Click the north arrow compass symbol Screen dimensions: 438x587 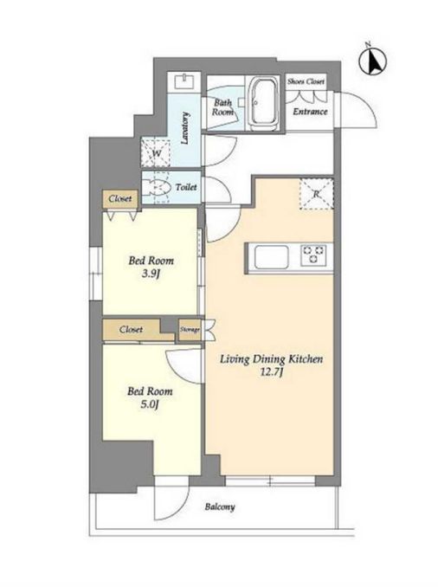click(373, 61)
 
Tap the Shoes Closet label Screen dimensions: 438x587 click(306, 81)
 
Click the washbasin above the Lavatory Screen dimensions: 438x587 click(185, 81)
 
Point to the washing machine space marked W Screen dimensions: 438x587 click(156, 152)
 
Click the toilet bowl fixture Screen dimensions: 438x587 click(158, 186)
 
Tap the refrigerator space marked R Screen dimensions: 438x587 click(316, 194)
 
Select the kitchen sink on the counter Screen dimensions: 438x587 click(272, 257)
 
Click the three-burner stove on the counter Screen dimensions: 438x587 click(313, 255)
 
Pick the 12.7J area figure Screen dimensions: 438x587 click(272, 372)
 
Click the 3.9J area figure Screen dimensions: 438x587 click(151, 274)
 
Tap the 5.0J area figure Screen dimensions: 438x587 click(150, 404)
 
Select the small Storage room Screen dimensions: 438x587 click(190, 330)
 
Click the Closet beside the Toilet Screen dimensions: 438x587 click(120, 199)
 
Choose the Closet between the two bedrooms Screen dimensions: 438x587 click(132, 330)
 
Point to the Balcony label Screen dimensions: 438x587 click(220, 507)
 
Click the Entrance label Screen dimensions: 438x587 click(310, 112)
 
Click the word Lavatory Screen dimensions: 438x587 click(184, 128)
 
